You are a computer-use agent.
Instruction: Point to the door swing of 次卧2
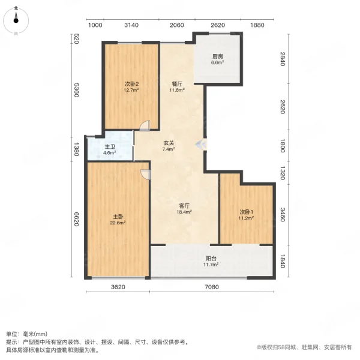(143, 125)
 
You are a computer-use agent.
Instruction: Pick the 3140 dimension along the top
(131, 25)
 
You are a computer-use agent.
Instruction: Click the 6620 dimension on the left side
(77, 221)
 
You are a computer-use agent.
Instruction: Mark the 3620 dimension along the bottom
(118, 287)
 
